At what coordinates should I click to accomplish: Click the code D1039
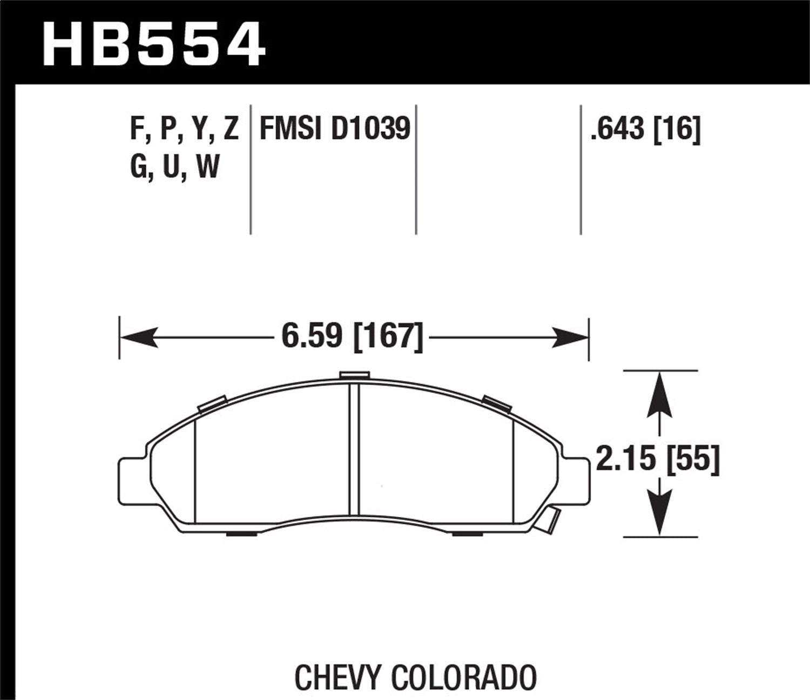pos(371,130)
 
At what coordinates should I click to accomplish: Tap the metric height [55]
pos(694,461)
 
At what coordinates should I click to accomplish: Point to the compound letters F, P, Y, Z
pos(184,130)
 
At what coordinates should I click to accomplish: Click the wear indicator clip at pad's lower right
pos(549,520)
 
